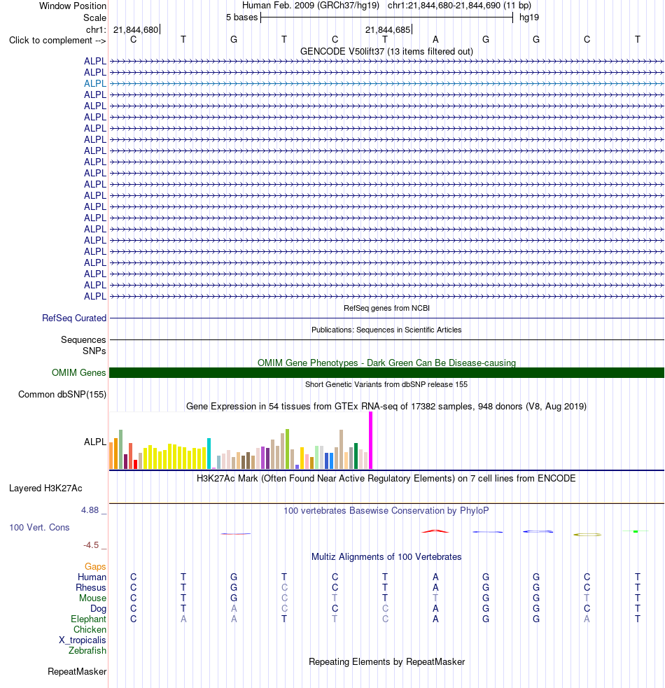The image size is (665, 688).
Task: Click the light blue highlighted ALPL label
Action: pos(94,83)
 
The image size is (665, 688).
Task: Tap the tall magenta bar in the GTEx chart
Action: pos(370,440)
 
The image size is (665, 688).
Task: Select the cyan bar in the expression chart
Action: pos(209,454)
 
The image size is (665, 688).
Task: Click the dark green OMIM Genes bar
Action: pos(386,372)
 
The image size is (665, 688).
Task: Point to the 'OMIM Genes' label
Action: pos(79,372)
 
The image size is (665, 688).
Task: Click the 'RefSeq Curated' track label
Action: pos(74,318)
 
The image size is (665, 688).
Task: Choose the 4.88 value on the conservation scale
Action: pos(90,510)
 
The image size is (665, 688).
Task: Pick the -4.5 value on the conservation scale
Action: pos(91,545)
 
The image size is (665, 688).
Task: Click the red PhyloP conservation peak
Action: pos(435,531)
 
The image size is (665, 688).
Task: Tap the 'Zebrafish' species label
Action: pos(87,650)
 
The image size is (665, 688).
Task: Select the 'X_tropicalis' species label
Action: pos(83,640)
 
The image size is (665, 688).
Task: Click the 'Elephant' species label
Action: pos(89,619)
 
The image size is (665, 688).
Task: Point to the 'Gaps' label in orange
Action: pos(95,566)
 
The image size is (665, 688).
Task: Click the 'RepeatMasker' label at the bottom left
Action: pos(77,671)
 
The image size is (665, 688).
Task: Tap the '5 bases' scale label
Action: pos(242,17)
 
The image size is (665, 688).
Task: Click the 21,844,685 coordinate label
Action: pos(388,30)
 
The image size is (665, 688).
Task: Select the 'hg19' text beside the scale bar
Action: pos(529,17)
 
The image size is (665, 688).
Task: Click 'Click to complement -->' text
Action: pos(57,41)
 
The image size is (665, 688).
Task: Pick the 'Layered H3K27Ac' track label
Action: pos(45,488)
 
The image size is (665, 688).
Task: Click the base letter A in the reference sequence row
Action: pos(435,39)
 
